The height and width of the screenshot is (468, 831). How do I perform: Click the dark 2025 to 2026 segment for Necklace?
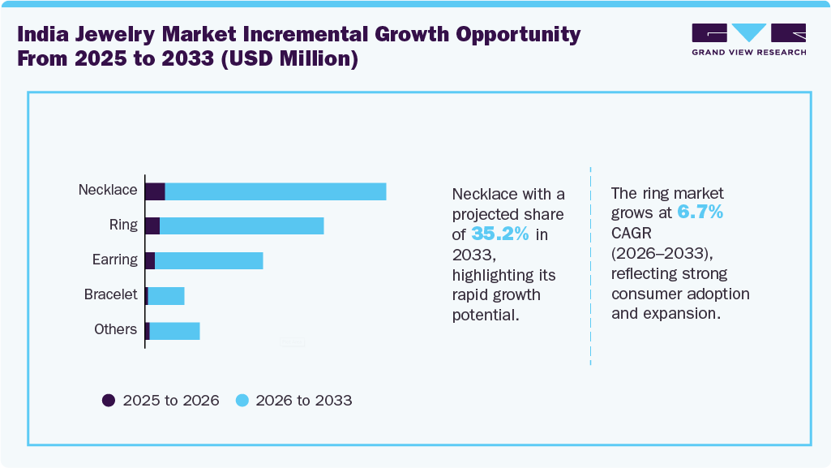click(155, 191)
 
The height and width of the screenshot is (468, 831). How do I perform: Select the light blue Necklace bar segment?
click(276, 191)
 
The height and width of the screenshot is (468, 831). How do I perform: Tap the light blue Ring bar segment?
click(242, 226)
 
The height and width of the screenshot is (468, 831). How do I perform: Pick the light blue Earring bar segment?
click(209, 260)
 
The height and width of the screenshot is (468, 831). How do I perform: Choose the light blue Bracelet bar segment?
click(166, 295)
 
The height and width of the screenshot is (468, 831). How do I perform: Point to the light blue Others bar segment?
click(174, 330)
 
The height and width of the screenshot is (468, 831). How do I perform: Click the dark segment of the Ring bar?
click(152, 226)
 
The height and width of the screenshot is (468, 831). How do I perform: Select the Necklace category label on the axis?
click(108, 190)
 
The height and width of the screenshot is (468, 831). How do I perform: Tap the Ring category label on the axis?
click(123, 225)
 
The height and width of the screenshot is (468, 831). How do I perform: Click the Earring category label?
click(114, 260)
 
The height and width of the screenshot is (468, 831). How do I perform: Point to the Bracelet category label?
click(111, 294)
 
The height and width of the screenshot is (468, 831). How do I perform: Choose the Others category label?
click(115, 329)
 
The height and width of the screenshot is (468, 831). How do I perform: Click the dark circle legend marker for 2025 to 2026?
click(109, 400)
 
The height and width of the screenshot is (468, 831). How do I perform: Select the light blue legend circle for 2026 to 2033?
click(242, 400)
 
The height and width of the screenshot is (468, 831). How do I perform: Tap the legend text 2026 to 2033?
click(304, 400)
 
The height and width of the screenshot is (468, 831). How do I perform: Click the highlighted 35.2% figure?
click(500, 234)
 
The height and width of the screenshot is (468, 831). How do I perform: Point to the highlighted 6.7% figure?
click(700, 213)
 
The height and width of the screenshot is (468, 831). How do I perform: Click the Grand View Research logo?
click(748, 39)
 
